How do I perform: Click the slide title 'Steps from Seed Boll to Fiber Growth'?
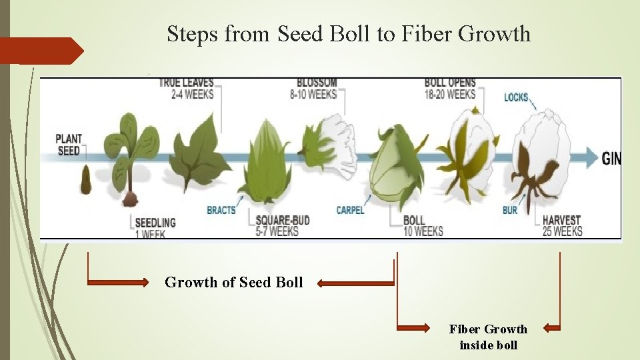point(349,33)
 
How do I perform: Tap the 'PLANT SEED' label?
point(68,145)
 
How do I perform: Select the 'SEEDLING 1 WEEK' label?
point(155,227)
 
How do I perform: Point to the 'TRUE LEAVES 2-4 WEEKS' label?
point(186,88)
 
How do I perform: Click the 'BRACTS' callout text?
point(221,209)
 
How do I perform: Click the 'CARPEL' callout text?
point(350,209)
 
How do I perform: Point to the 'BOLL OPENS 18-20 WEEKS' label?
point(450,88)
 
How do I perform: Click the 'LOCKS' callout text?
point(516,97)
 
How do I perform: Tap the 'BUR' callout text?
point(510,209)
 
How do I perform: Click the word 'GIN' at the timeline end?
point(611,158)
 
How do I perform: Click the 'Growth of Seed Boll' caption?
point(233,282)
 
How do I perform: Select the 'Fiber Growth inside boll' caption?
point(488,337)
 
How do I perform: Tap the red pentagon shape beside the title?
point(40,51)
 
